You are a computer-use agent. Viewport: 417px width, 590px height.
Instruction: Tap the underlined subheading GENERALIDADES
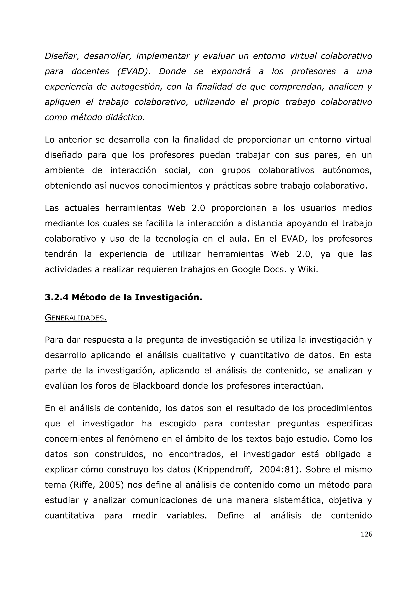pos(76,318)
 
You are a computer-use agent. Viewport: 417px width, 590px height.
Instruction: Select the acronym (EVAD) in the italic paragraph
pos(134,71)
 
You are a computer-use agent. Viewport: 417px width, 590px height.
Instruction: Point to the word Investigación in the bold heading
pos(168,297)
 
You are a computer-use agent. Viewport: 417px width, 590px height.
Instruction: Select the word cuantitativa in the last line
pos(69,516)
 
